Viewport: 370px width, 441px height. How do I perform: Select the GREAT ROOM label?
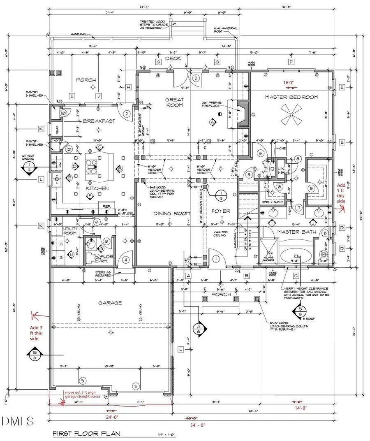[x=174, y=102]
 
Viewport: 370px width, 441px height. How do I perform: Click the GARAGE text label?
[x=109, y=303]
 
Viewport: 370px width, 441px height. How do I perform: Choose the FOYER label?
[x=221, y=211]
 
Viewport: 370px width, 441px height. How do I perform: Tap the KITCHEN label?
[x=97, y=188]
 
